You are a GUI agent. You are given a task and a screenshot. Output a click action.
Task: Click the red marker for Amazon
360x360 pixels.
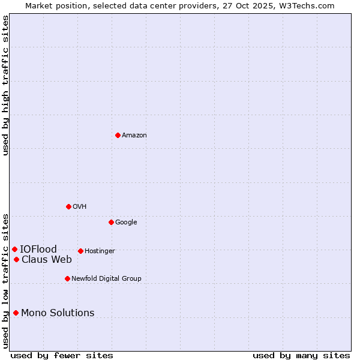[118, 135]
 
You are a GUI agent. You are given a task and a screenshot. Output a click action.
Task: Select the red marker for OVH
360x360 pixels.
[68, 206]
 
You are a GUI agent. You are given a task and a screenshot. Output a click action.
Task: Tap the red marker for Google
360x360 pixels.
[111, 222]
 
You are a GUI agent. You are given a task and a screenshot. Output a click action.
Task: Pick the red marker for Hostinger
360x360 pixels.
[80, 251]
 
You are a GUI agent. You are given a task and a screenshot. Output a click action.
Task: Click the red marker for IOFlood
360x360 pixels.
[14, 249]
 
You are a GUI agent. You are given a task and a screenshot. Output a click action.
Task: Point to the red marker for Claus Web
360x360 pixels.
[16, 259]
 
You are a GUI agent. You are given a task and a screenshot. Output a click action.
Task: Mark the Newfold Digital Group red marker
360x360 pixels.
[67, 278]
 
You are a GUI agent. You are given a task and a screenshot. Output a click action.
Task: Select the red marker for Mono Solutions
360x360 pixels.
[16, 313]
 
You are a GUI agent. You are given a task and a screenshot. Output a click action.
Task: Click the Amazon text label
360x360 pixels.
[134, 136]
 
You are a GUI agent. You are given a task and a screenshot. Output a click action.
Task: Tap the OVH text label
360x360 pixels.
[80, 207]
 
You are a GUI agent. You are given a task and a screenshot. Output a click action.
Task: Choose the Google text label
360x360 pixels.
[126, 223]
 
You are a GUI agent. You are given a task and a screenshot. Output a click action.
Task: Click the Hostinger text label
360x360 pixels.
[100, 251]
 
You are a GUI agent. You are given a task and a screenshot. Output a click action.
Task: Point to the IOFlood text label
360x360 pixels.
[38, 250]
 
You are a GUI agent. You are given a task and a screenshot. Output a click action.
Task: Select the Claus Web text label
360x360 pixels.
[47, 260]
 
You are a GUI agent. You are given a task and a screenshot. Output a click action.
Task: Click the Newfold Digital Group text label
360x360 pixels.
[106, 279]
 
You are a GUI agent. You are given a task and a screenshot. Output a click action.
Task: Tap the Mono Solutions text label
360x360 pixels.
[58, 313]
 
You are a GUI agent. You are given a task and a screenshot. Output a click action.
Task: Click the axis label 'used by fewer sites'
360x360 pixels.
[62, 355]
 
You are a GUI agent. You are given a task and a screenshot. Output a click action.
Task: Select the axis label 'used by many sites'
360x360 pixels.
[301, 355]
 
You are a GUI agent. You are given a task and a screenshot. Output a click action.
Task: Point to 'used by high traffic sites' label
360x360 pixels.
[5, 85]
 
